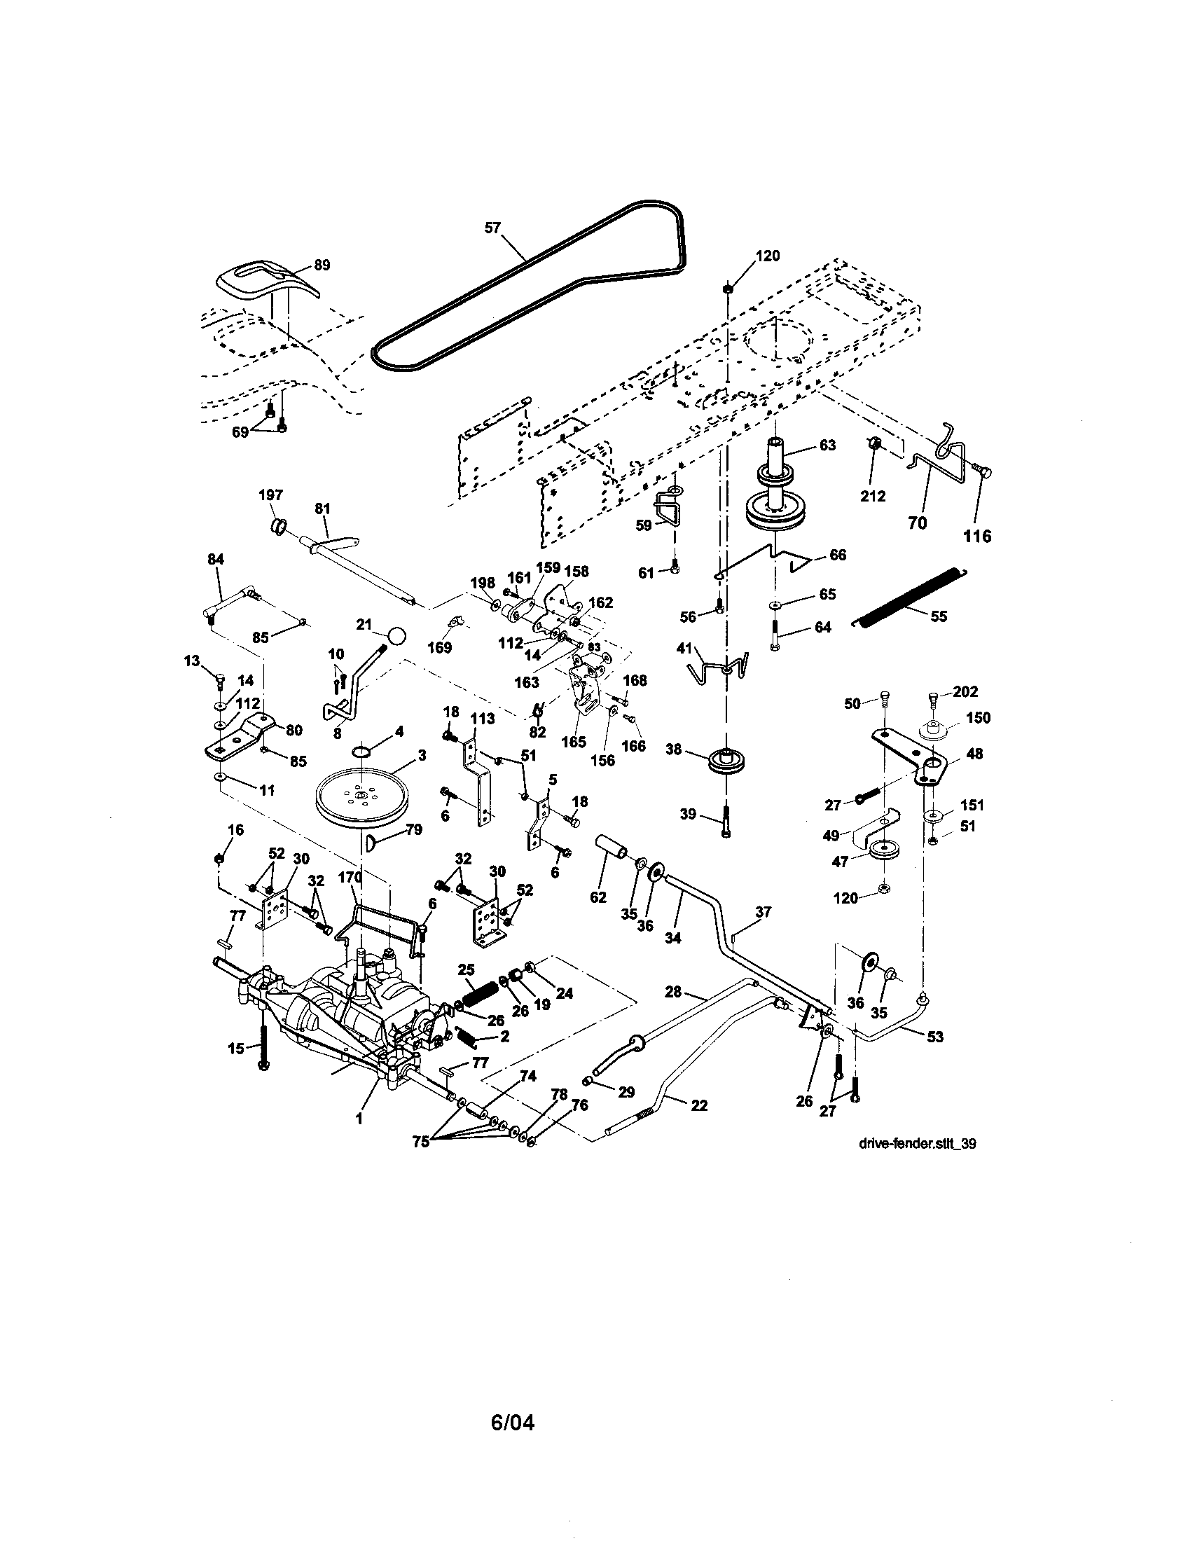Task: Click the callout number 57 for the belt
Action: coord(492,227)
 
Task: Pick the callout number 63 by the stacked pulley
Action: coord(827,445)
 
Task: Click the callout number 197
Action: coord(271,496)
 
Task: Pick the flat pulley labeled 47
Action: coord(880,850)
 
